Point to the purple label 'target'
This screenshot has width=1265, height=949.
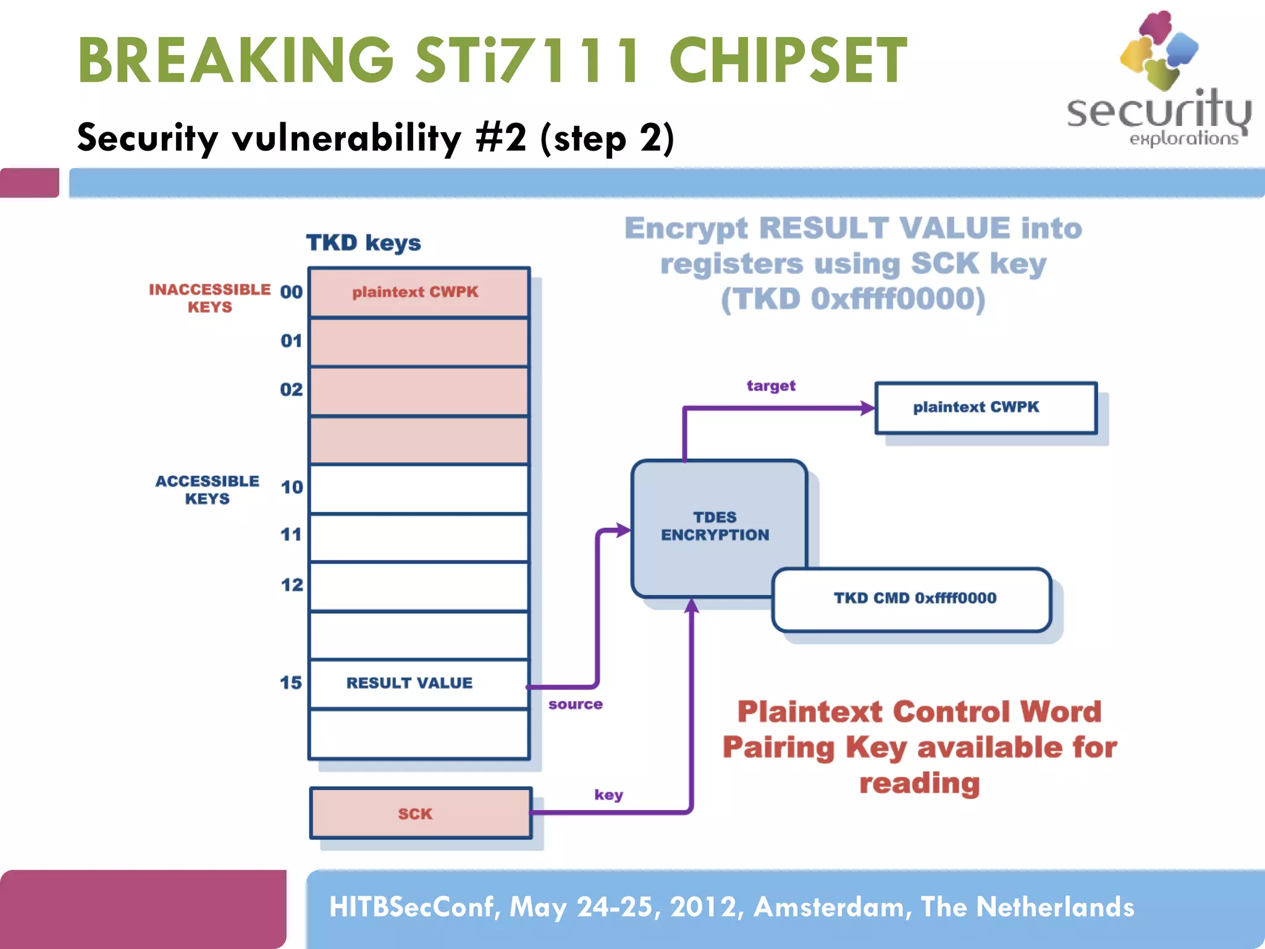click(x=771, y=386)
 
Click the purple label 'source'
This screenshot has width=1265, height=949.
click(x=575, y=704)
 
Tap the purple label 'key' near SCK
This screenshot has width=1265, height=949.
click(x=608, y=795)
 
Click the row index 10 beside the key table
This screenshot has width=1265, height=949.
click(x=292, y=487)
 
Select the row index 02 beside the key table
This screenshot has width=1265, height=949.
click(x=292, y=389)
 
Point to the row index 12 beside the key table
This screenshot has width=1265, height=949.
click(x=292, y=584)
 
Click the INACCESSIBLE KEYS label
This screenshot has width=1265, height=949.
click(x=210, y=298)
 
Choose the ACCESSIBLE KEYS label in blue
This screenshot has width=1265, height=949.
click(x=208, y=489)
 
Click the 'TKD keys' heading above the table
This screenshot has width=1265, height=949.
click(x=363, y=243)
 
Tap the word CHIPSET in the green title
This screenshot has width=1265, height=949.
click(x=788, y=61)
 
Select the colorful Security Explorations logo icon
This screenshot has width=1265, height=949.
click(x=1159, y=49)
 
